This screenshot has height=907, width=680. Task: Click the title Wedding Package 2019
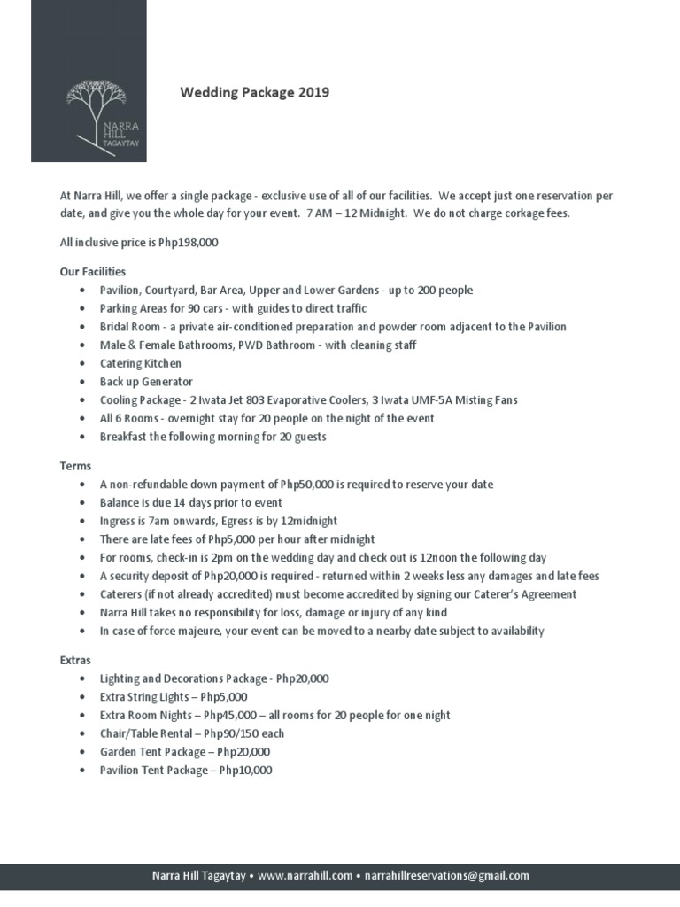255,92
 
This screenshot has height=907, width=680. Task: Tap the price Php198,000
189,242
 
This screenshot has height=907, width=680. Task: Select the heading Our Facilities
93,271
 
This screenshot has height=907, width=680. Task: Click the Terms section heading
75,465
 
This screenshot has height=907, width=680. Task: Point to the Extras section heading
75,660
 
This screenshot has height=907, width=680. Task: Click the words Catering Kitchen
141,363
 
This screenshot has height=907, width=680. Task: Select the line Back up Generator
146,382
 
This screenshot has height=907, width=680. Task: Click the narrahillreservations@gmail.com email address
446,876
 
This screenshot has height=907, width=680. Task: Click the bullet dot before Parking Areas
82,308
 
